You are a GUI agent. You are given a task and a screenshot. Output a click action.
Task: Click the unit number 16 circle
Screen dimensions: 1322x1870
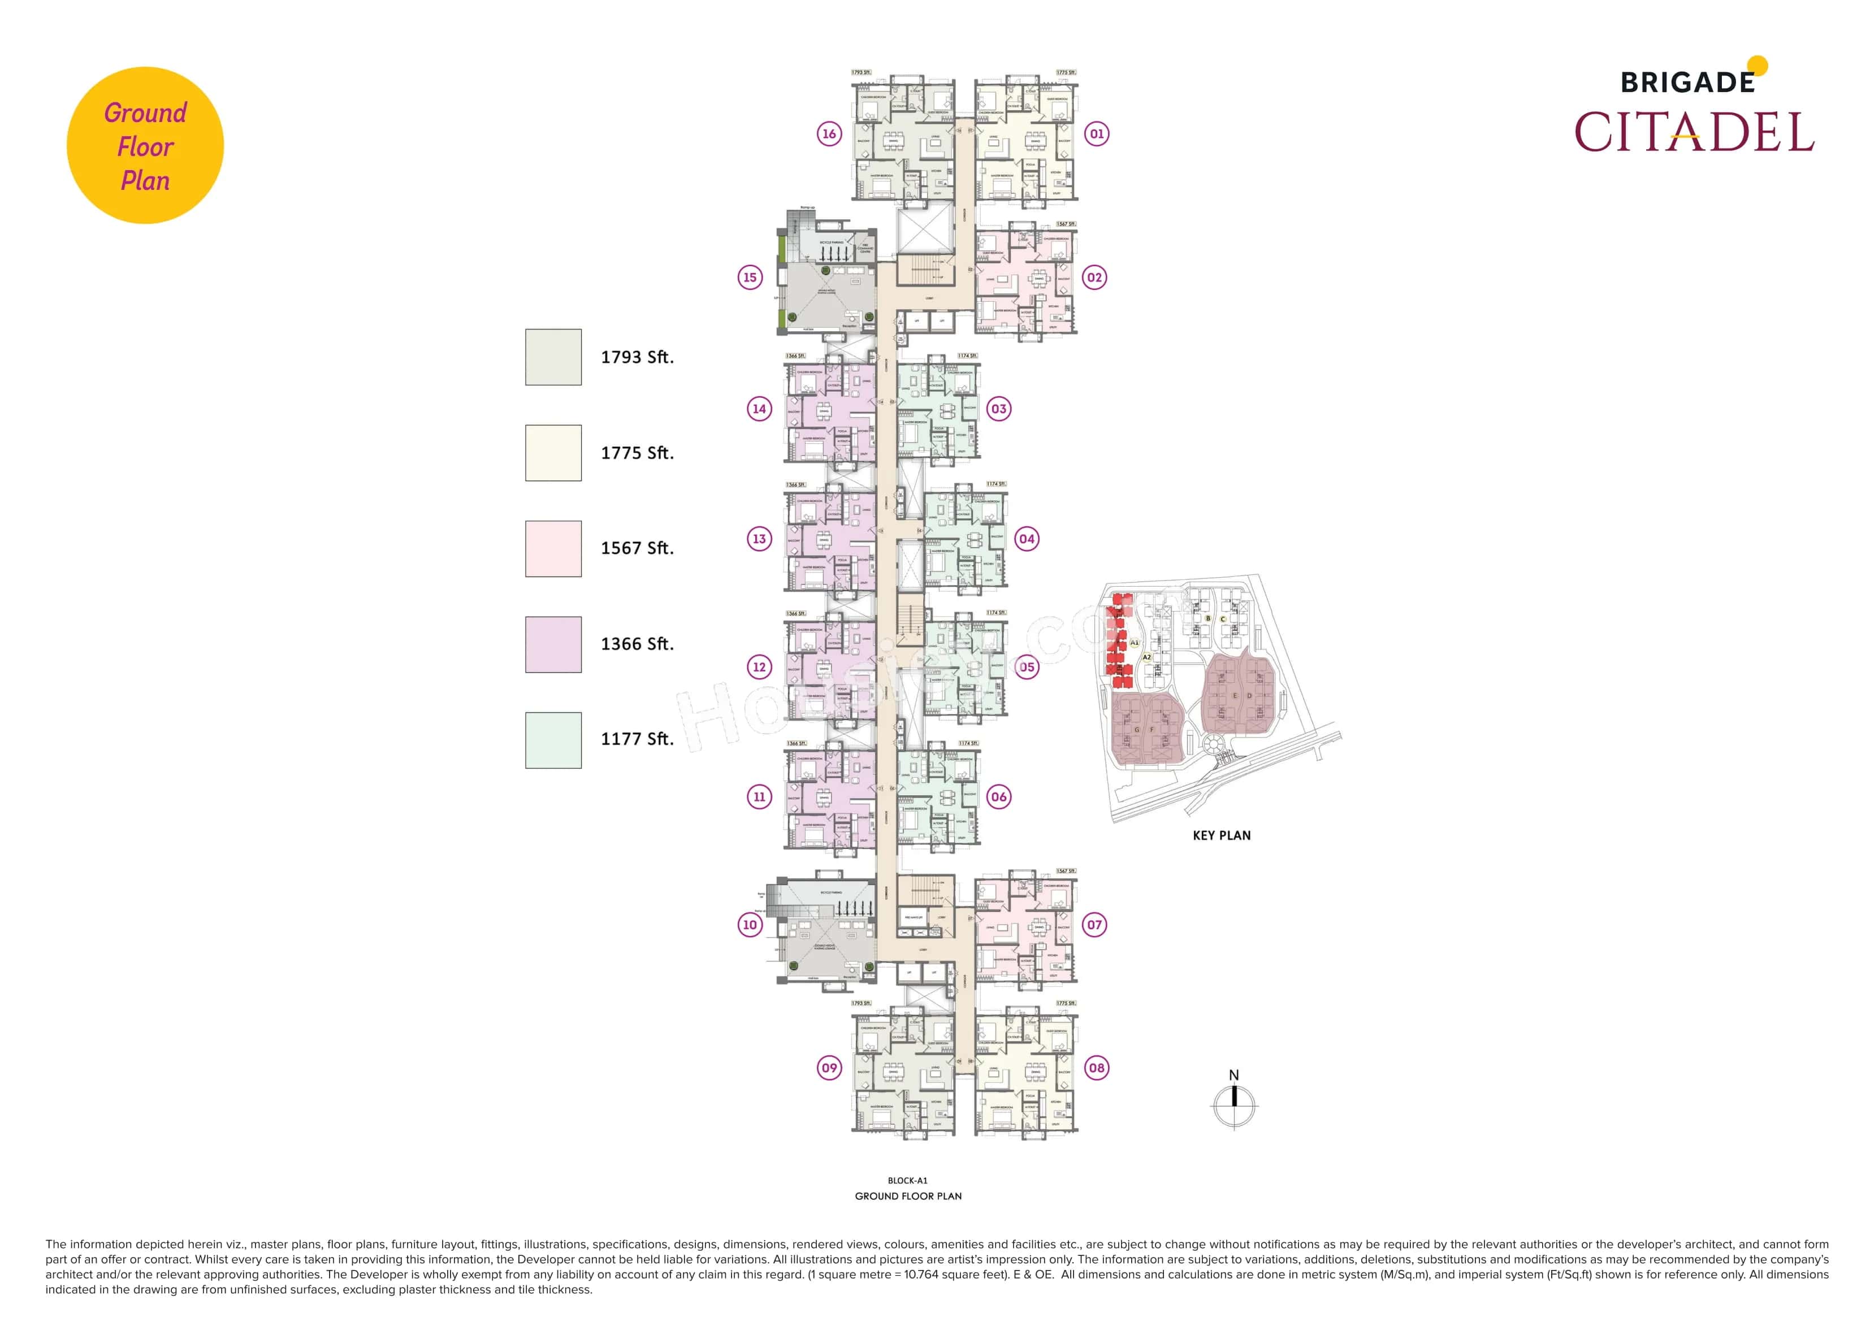tap(829, 133)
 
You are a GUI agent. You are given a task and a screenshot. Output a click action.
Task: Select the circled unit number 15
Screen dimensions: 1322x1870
tap(750, 277)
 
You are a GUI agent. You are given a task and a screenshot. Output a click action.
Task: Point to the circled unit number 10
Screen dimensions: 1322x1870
tap(750, 925)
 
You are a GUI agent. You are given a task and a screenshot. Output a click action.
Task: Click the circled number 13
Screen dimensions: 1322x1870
tap(759, 539)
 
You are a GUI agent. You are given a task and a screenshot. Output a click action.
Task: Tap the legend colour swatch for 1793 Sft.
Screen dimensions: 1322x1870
tap(553, 357)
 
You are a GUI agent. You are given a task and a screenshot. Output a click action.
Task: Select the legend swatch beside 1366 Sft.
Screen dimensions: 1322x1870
tap(553, 644)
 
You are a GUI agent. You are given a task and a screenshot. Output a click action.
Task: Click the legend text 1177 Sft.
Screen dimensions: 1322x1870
tap(637, 739)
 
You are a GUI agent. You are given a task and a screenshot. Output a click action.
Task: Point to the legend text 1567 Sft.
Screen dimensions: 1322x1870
tap(637, 548)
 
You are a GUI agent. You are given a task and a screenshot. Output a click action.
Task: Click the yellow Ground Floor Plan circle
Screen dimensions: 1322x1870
tap(145, 145)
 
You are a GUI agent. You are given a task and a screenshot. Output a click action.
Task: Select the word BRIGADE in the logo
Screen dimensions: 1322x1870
tap(1687, 83)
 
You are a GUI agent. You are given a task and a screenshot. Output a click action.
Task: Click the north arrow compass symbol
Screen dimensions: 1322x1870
tap(1234, 1104)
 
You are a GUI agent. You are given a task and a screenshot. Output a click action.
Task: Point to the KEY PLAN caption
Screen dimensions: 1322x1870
tap(1221, 836)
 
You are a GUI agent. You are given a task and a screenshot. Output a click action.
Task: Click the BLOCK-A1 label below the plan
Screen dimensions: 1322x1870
tap(907, 1180)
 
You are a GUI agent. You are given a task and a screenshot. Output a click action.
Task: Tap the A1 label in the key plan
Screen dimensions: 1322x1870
tap(1134, 643)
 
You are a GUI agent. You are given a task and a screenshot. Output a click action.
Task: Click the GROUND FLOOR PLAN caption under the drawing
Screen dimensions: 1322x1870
tap(907, 1196)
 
